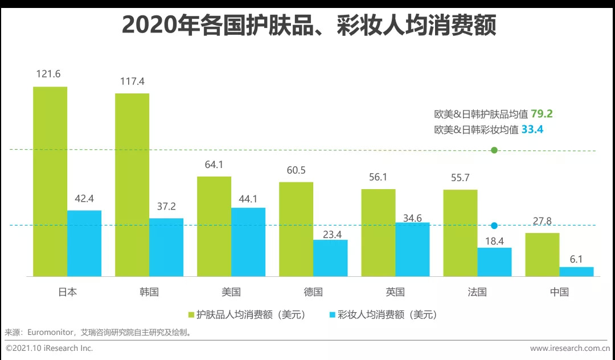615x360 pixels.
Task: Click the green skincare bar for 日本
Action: click(x=50, y=181)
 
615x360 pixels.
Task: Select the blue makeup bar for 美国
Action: click(x=248, y=242)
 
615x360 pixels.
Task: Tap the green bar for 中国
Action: click(x=542, y=255)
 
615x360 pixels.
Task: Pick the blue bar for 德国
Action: click(x=330, y=258)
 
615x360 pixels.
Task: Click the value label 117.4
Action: click(x=132, y=81)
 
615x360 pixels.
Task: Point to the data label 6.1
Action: click(x=576, y=259)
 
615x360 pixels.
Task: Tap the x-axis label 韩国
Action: click(x=149, y=292)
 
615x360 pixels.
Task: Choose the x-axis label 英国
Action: click(x=395, y=292)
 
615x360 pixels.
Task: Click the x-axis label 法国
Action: click(x=477, y=292)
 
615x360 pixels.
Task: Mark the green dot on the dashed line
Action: click(x=494, y=150)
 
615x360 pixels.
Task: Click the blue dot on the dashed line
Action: click(x=494, y=226)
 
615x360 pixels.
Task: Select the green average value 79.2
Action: click(x=542, y=114)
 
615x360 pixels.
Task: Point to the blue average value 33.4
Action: click(x=532, y=129)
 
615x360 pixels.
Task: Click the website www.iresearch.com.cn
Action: click(x=570, y=348)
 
